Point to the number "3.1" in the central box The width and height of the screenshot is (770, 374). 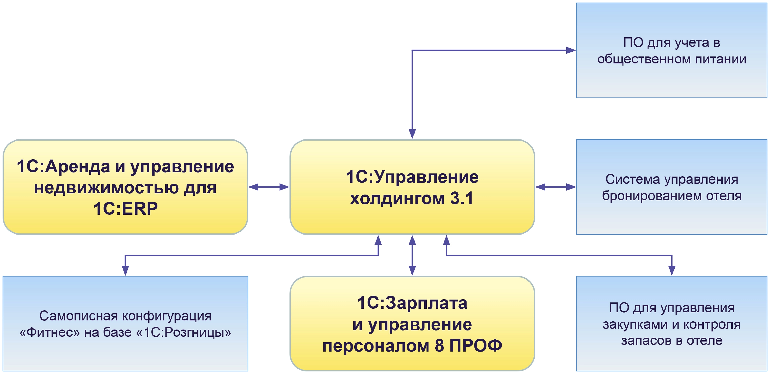(462, 198)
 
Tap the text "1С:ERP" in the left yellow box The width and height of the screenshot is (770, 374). (125, 209)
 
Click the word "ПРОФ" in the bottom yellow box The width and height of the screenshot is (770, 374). (476, 345)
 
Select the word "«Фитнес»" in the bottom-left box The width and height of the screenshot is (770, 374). (50, 332)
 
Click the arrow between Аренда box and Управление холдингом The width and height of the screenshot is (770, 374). (269, 187)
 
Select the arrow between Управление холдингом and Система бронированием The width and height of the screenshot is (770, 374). (555, 187)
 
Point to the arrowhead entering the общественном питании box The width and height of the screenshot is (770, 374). (571, 50)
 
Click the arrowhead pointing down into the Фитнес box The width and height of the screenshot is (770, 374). (125, 270)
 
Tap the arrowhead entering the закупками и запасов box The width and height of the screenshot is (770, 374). (672, 270)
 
